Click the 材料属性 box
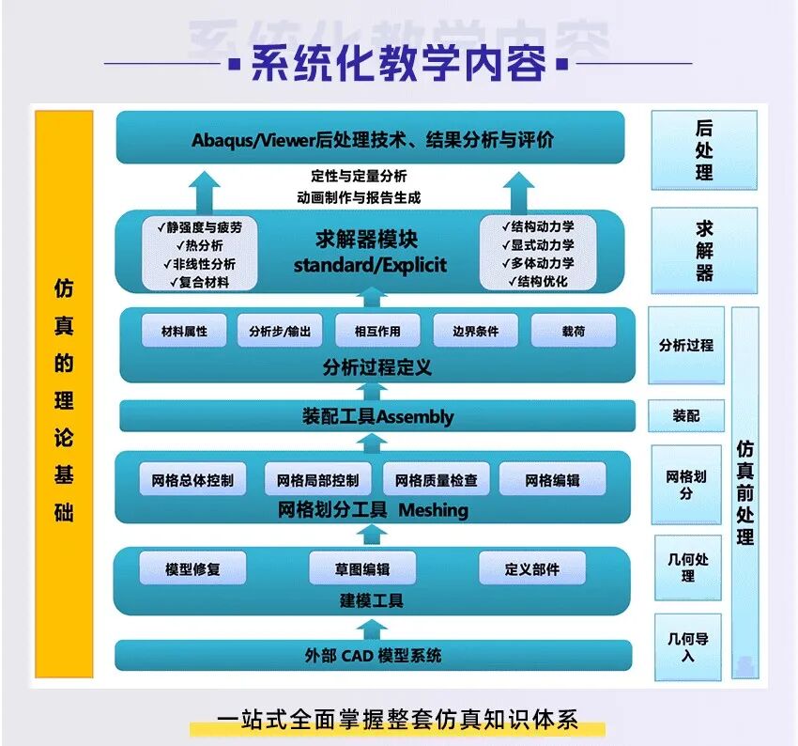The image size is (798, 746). [x=184, y=331]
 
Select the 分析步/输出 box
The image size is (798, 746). [x=280, y=331]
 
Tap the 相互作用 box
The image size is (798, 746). [x=377, y=331]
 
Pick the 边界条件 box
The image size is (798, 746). [x=475, y=331]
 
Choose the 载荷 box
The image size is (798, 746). [x=574, y=331]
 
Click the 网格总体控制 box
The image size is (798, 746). [x=192, y=479]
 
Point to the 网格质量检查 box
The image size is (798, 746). [x=437, y=479]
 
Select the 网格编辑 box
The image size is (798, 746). [x=553, y=479]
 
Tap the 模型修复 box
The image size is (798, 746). [x=192, y=568]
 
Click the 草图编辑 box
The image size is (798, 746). [x=362, y=568]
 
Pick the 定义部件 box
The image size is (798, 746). [x=532, y=568]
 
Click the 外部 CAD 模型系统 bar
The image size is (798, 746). [x=374, y=656]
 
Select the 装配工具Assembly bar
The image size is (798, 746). [x=377, y=416]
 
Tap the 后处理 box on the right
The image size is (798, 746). [x=704, y=150]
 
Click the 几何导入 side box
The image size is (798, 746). [x=688, y=647]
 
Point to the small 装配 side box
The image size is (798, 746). [x=686, y=415]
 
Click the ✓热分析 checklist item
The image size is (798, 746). [x=199, y=245]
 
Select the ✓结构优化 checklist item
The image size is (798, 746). [x=538, y=281]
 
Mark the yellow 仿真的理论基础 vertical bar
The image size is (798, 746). [x=64, y=394]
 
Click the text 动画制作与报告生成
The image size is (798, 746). [x=359, y=197]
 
